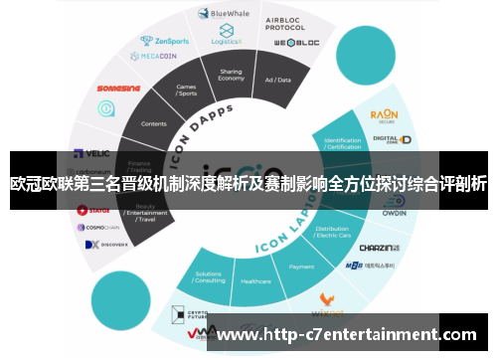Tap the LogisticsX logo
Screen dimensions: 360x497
pos(227,38)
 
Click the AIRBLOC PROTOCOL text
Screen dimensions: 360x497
pos(284,23)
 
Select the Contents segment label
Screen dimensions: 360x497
pos(154,123)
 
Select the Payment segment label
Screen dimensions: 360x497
pos(301,267)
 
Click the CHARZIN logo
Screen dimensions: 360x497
pos(378,246)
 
